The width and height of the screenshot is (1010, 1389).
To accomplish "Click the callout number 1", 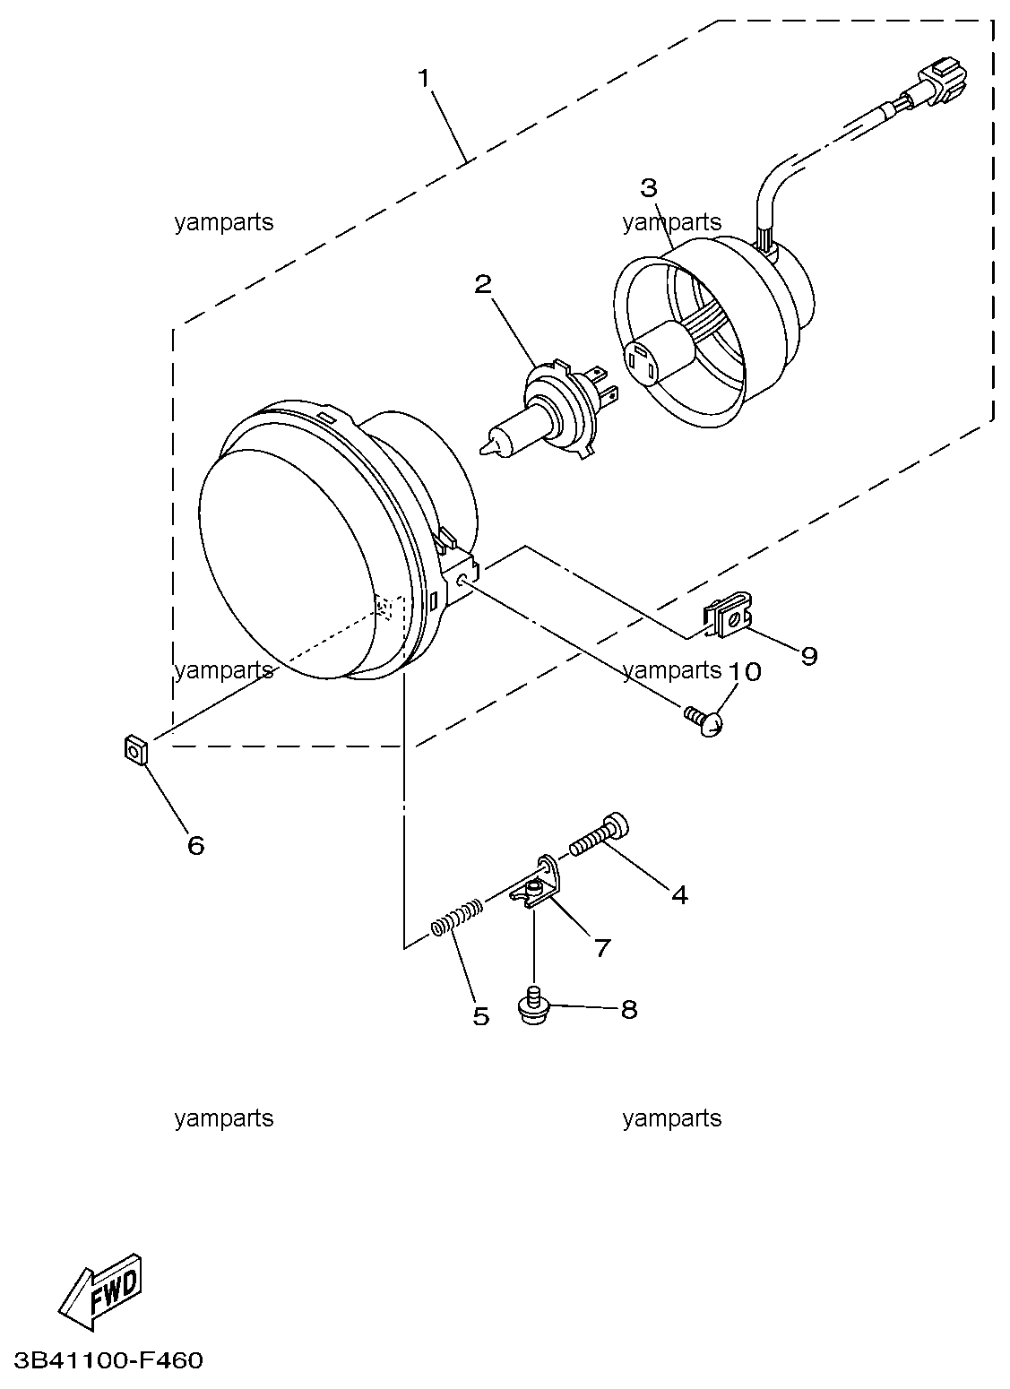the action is click(424, 79).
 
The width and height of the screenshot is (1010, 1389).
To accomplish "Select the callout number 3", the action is click(649, 187).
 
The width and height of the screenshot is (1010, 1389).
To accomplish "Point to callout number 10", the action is click(745, 671).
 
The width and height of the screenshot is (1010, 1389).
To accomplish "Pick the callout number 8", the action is click(629, 1010).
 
